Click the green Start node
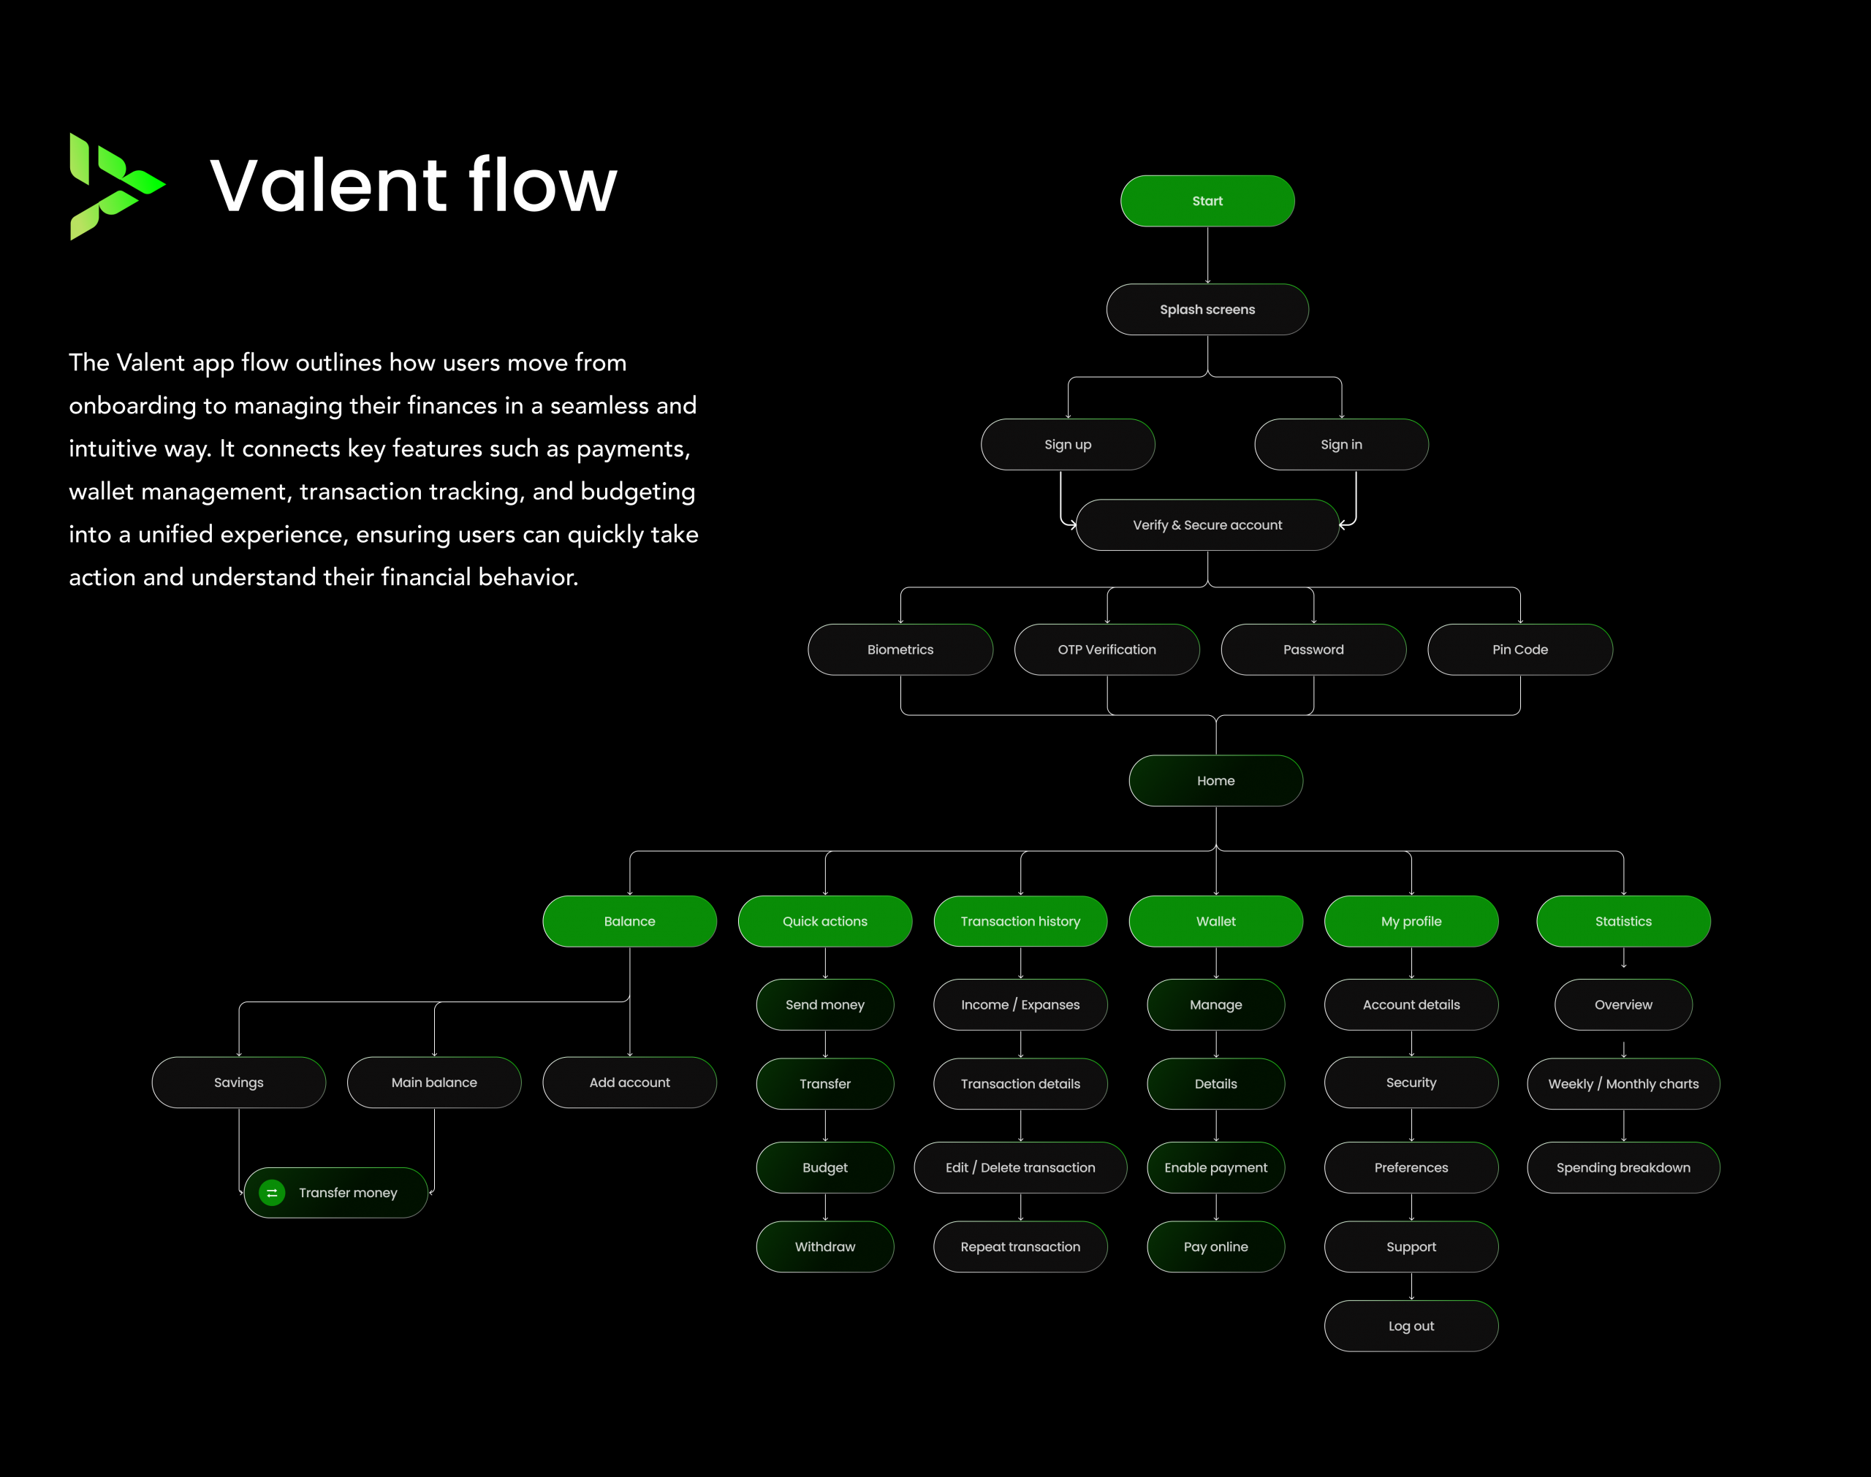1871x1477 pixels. pyautogui.click(x=1207, y=201)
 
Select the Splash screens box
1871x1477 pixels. pyautogui.click(x=1207, y=310)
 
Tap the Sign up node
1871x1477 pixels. pyautogui.click(x=1067, y=444)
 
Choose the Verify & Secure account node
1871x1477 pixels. pyautogui.click(x=1207, y=525)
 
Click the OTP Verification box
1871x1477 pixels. pyautogui.click(x=1107, y=649)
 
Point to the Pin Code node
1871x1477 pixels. pyautogui.click(x=1519, y=649)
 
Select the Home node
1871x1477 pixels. pyautogui.click(x=1215, y=781)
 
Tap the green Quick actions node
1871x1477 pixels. pyautogui.click(x=824, y=921)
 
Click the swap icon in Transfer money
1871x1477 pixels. pyautogui.click(x=272, y=1193)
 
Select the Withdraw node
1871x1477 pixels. pyautogui.click(x=824, y=1247)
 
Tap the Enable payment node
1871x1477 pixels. pyautogui.click(x=1215, y=1167)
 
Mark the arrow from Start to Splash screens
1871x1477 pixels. pyautogui.click(x=1207, y=255)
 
